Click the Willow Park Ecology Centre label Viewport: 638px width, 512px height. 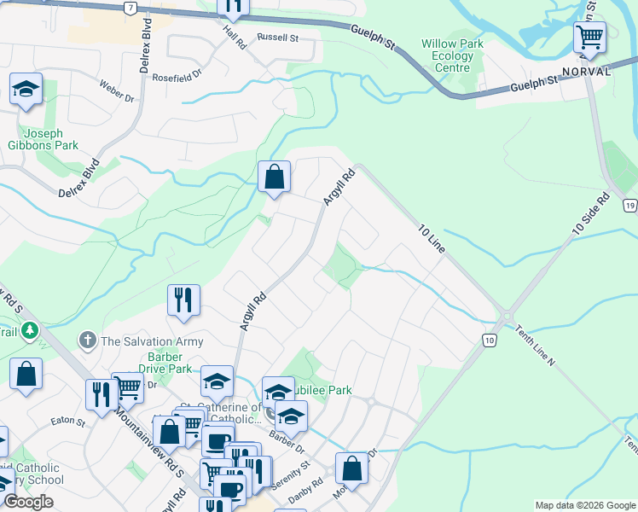tap(452, 55)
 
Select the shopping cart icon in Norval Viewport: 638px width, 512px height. tap(589, 38)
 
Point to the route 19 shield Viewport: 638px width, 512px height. tap(629, 206)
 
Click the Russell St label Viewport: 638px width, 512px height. tap(279, 38)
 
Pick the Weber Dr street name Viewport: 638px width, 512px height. tap(117, 92)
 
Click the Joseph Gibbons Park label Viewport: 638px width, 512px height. tap(49, 139)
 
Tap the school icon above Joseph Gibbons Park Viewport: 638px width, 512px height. tap(26, 89)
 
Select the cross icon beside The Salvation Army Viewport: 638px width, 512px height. tap(87, 341)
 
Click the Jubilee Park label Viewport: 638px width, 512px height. tap(322, 390)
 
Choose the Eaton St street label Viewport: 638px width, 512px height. tap(68, 422)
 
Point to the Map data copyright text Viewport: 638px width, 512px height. tap(585, 505)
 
